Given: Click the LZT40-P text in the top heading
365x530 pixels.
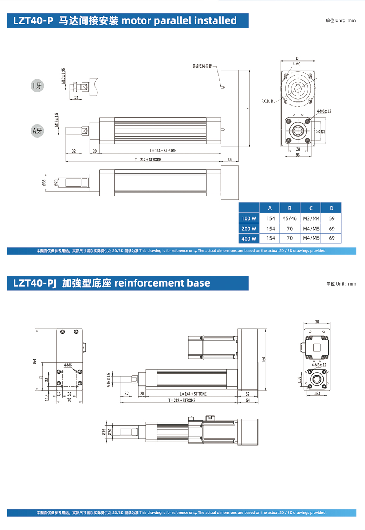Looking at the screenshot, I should (33, 21).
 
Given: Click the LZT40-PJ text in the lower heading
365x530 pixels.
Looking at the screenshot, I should (35, 283).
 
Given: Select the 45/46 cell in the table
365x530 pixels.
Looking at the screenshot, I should (289, 218).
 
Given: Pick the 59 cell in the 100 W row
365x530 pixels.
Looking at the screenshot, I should (332, 218).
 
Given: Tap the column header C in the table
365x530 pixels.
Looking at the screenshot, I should (311, 208).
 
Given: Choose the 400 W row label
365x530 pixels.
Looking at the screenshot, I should (249, 238).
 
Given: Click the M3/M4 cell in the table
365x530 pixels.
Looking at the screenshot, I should (311, 218).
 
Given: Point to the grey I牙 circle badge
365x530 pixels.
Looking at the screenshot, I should (37, 85).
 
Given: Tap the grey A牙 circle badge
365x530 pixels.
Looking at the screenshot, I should (37, 131).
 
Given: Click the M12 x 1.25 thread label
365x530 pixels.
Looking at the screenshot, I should (64, 76).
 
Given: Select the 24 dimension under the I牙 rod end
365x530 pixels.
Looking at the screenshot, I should (76, 98).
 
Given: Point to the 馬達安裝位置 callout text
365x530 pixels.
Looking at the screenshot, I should (202, 66).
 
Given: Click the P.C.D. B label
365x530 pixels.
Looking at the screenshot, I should (267, 101).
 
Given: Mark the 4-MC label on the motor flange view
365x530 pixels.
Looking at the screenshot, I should (296, 64).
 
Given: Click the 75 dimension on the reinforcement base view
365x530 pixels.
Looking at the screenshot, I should (41, 377).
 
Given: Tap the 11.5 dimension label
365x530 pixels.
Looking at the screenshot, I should (47, 397).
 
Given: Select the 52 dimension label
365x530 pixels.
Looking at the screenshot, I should (247, 394).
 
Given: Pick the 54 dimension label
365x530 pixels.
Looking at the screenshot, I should (248, 401).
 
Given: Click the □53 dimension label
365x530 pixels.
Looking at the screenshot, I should (317, 394).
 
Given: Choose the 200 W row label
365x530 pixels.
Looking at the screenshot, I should (249, 229).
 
